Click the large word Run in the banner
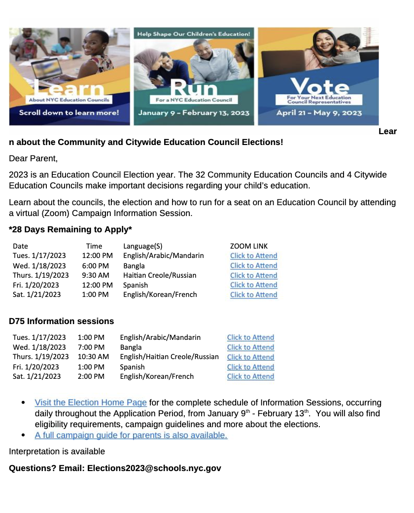[x=194, y=89]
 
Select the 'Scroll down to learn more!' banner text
[x=69, y=112]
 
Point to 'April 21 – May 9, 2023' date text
[x=318, y=112]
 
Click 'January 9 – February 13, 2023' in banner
[x=194, y=112]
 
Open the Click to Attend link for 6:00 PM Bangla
[x=253, y=265]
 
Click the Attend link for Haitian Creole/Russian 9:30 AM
[x=253, y=275]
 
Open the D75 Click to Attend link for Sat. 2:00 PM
[x=250, y=376]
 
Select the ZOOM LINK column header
[x=249, y=246]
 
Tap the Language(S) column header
[x=142, y=246]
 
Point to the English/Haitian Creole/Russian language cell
[x=169, y=357]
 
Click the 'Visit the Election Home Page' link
[x=91, y=403]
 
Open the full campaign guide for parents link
[x=131, y=436]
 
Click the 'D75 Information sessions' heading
[x=61, y=321]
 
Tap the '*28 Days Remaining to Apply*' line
[x=70, y=229]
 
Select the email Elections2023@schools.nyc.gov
[x=154, y=468]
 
